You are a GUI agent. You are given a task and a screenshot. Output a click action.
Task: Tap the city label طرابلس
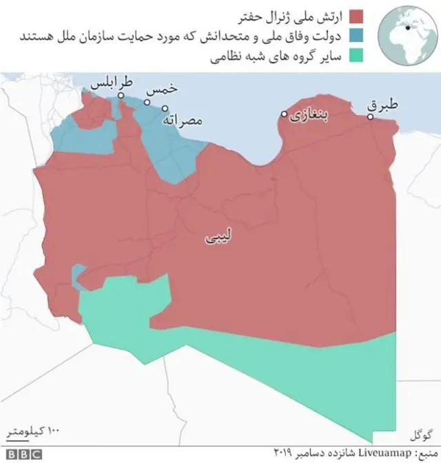coord(110,84)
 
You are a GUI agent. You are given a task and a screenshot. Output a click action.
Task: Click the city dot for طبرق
coord(370,117)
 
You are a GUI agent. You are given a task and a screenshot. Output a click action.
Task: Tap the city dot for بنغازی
coord(284,114)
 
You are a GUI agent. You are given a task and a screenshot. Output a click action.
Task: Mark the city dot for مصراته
coord(165,107)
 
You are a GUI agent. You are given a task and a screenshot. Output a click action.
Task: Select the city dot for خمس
coord(147,102)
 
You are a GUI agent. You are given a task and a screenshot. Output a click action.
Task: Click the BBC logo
coord(24,454)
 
